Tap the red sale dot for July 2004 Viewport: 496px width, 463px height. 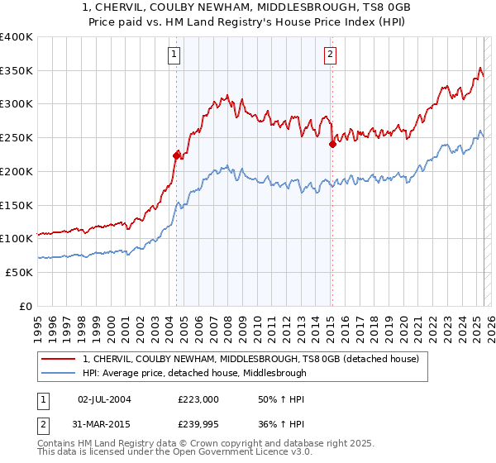tap(176, 155)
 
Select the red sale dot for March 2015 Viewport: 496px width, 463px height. tap(331, 143)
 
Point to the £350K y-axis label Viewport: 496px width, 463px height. tap(17, 71)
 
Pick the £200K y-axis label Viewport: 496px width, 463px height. tap(17, 171)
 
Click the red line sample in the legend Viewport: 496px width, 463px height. tap(57, 360)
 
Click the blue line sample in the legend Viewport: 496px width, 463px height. tap(57, 373)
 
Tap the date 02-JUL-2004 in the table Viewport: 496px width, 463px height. tap(103, 399)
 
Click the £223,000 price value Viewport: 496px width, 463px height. tap(199, 399)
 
